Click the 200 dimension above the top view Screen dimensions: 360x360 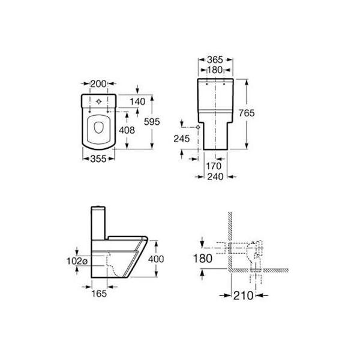point(98,83)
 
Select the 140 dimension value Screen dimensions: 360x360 point(137,101)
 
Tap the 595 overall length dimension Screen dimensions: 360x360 point(152,122)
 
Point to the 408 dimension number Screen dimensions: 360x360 point(127,130)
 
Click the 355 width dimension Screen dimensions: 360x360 point(98,158)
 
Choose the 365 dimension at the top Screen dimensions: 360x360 point(215,59)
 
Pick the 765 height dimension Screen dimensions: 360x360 point(247,113)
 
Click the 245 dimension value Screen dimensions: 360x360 point(182,139)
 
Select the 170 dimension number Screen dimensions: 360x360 point(214,166)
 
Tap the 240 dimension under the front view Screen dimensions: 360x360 point(215,176)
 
